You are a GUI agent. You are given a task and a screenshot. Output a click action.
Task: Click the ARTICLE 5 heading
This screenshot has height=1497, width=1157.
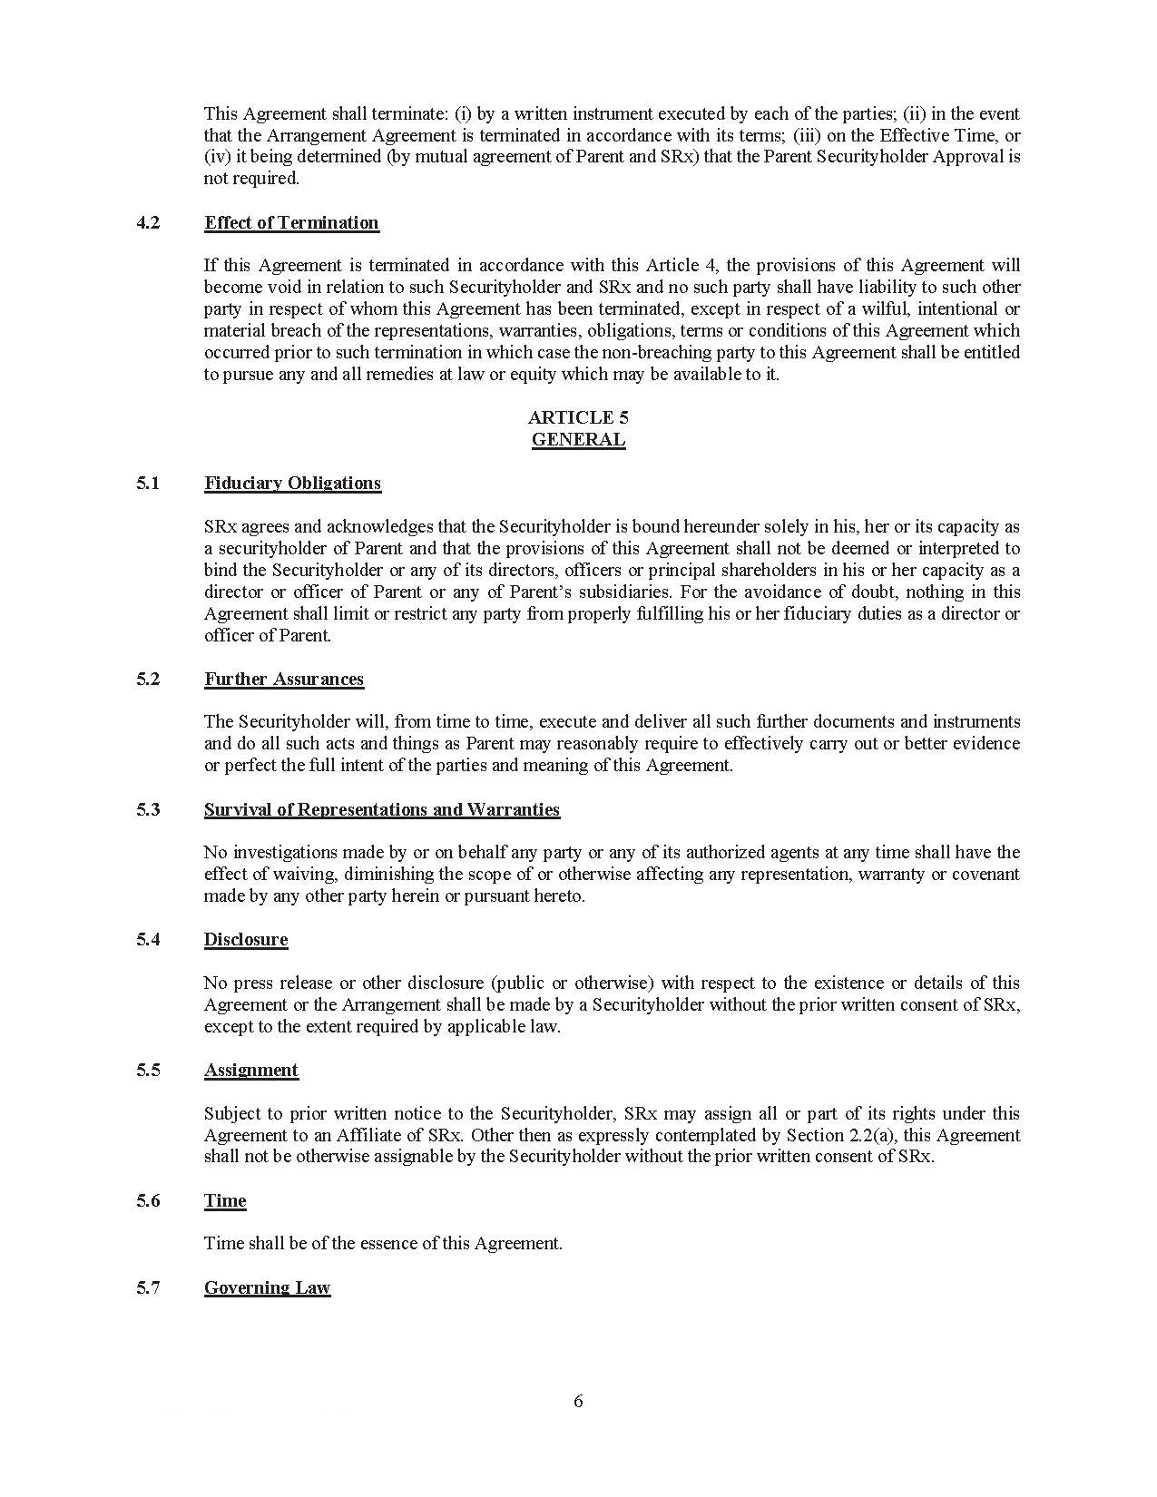578,417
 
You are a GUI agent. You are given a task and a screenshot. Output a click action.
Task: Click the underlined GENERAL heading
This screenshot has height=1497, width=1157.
578,440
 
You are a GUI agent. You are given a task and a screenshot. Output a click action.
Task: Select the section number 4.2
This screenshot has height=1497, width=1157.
148,223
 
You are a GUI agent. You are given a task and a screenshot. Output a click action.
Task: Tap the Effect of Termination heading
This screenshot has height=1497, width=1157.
291,223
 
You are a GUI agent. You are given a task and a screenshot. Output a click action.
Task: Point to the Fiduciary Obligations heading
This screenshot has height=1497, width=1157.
292,484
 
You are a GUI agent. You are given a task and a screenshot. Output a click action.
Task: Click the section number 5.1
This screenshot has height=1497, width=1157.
148,484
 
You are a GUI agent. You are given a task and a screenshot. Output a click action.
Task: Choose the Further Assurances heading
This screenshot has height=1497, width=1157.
283,680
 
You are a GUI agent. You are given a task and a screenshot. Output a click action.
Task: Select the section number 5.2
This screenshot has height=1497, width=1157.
148,680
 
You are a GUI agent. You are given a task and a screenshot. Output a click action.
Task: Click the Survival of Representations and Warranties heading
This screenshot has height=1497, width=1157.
382,810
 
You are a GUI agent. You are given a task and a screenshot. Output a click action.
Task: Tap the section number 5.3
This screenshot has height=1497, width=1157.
148,810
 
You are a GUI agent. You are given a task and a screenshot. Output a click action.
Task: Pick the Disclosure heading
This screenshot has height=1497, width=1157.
245,940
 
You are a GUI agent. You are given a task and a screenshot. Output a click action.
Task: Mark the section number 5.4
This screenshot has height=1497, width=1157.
148,940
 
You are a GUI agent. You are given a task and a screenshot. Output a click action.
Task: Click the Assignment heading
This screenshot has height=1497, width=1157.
250,1071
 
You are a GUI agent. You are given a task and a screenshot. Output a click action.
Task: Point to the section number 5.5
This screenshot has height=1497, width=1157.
148,1071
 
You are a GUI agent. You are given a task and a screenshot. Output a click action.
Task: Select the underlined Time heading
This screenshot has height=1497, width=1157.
225,1201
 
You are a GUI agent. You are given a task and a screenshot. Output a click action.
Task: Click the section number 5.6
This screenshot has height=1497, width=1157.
148,1201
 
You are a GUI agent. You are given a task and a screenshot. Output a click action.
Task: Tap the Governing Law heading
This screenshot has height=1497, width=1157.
267,1288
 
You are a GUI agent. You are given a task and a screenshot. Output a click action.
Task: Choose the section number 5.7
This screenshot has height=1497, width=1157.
148,1288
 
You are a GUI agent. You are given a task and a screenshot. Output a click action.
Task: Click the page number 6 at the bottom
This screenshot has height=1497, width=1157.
578,1401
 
